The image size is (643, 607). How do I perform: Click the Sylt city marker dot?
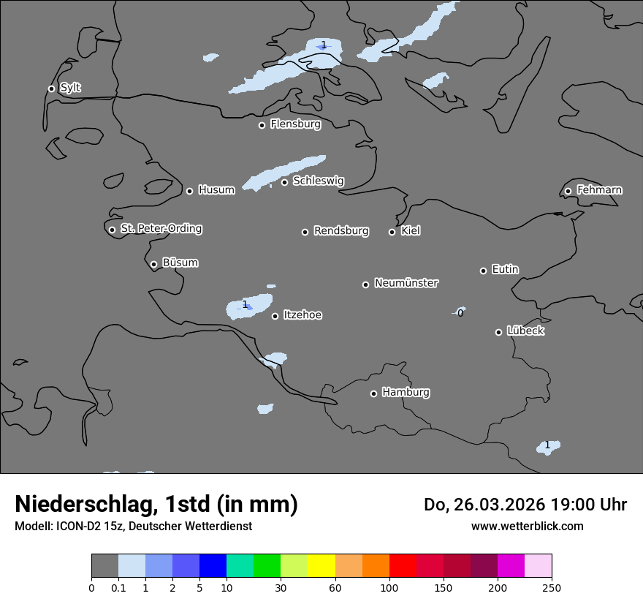(51, 88)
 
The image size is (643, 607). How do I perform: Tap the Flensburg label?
(295, 124)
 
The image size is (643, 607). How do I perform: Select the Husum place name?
(216, 190)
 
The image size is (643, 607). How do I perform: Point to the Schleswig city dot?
(284, 182)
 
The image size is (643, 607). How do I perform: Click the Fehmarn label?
(599, 190)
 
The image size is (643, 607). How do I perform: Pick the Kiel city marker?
(392, 232)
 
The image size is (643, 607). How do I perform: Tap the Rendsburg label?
(341, 231)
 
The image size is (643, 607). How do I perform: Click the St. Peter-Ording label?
(161, 229)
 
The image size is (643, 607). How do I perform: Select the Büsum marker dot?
(153, 264)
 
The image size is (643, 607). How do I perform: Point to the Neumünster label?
(406, 283)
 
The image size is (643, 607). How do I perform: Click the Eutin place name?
(505, 270)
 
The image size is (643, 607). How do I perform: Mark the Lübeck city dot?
(498, 332)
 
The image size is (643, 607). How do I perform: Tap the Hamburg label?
(406, 393)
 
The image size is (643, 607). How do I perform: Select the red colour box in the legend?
(403, 566)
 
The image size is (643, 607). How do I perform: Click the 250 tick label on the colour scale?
(551, 587)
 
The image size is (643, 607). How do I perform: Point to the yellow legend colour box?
(321, 566)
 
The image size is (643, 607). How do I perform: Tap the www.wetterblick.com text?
(527, 526)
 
